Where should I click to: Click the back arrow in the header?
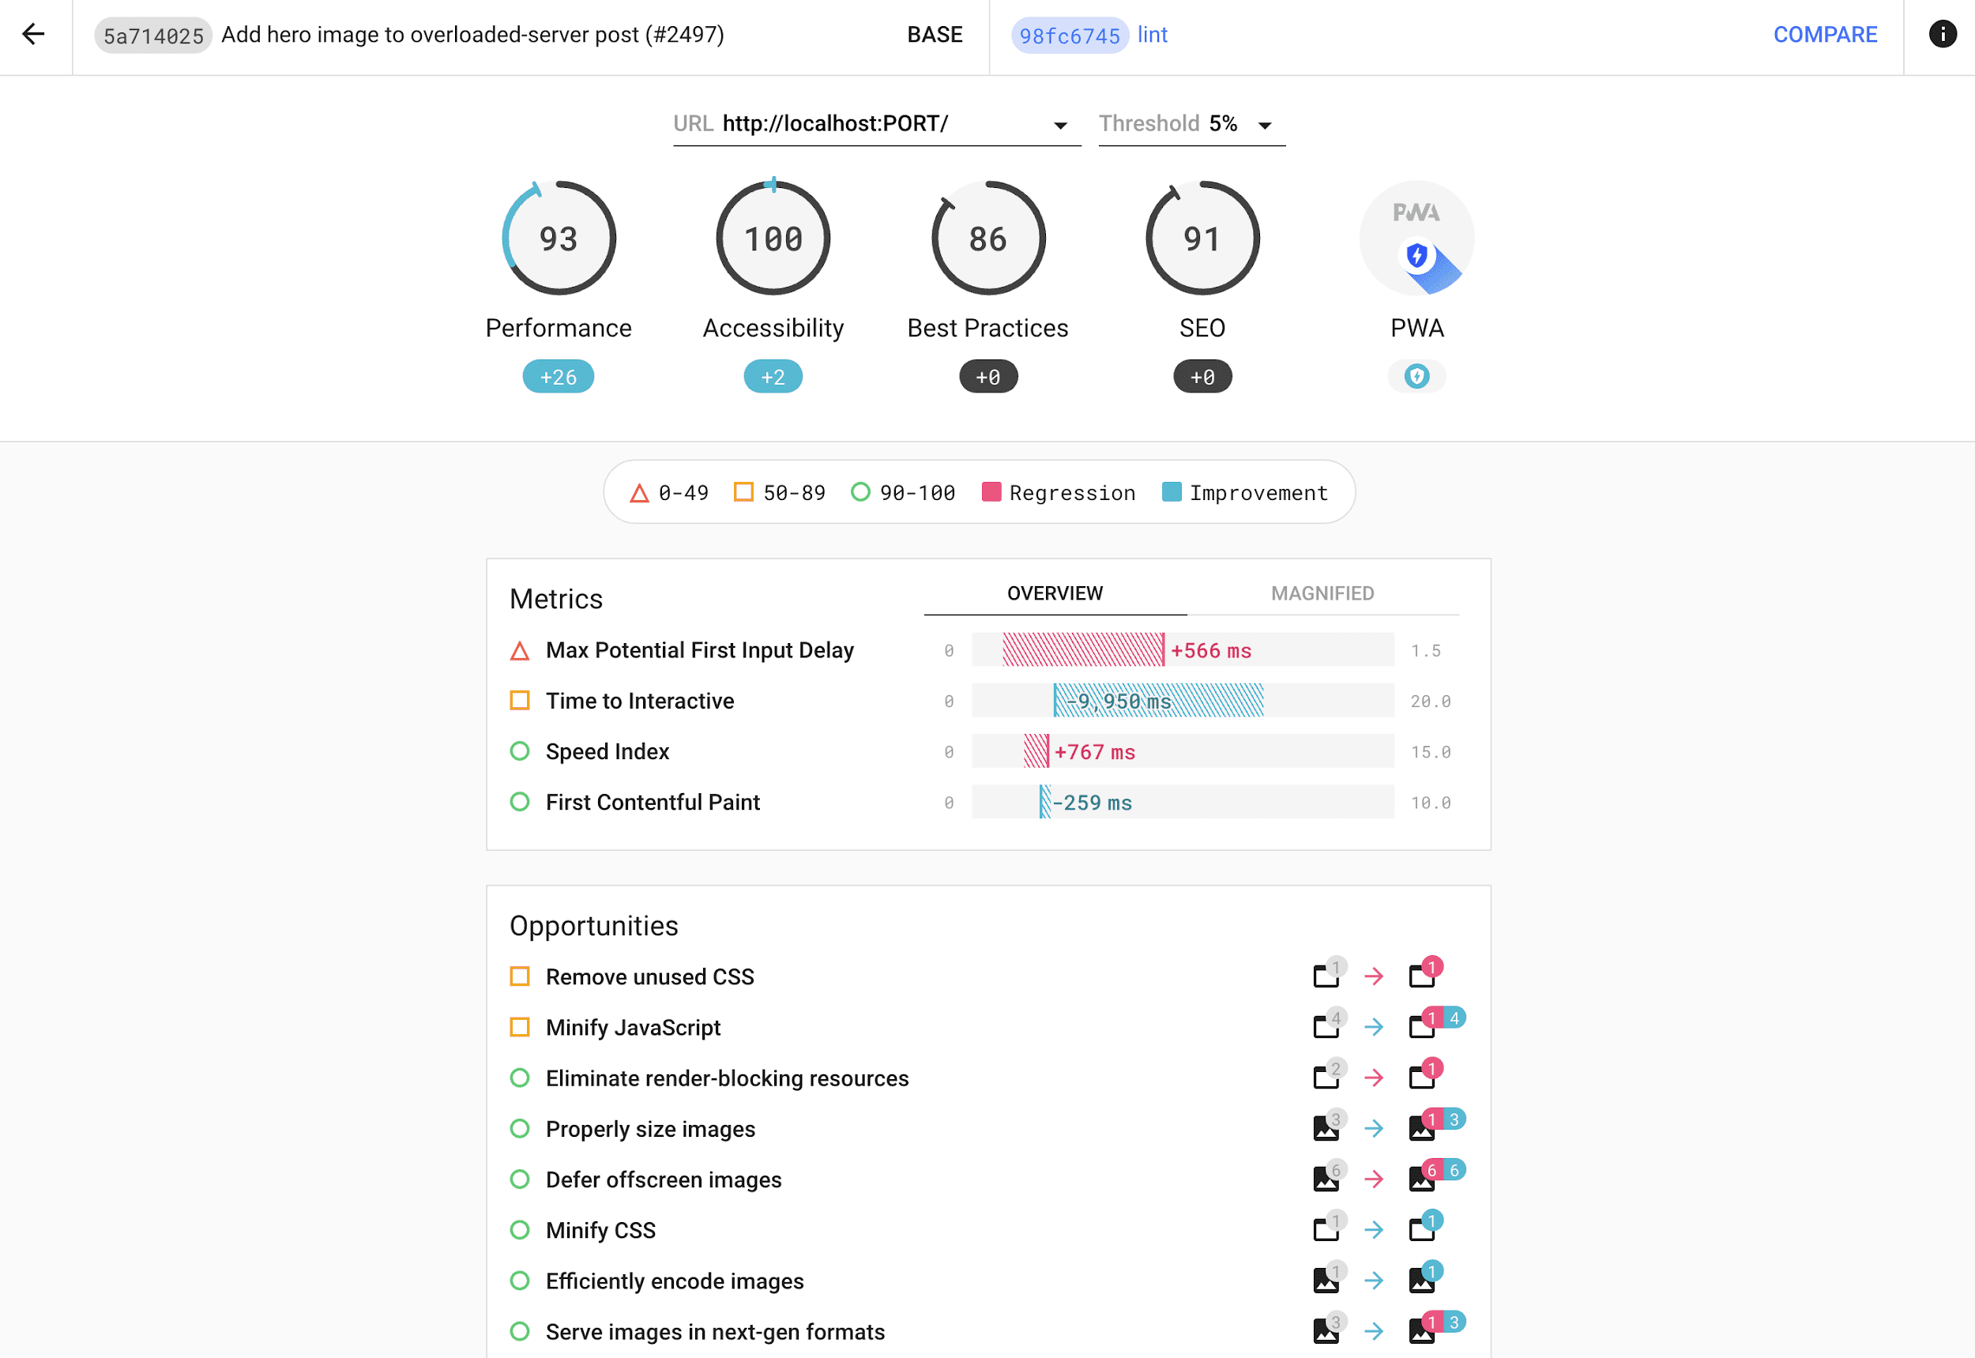33,34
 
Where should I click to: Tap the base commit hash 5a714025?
153,36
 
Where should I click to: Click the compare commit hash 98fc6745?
1069,36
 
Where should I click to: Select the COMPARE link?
1824,34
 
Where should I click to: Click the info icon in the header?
1942,34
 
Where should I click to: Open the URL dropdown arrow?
1060,125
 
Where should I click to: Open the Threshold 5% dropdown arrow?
1265,125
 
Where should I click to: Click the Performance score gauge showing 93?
559,239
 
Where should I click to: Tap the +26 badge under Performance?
559,377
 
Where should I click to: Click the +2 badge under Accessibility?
773,377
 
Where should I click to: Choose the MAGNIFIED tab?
1322,593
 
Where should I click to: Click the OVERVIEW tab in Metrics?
1055,593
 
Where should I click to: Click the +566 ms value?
1210,651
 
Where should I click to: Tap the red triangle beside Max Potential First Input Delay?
519,651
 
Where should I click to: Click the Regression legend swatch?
991,492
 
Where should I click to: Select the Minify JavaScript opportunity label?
632,1027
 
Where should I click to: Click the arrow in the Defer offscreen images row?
1373,1179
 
